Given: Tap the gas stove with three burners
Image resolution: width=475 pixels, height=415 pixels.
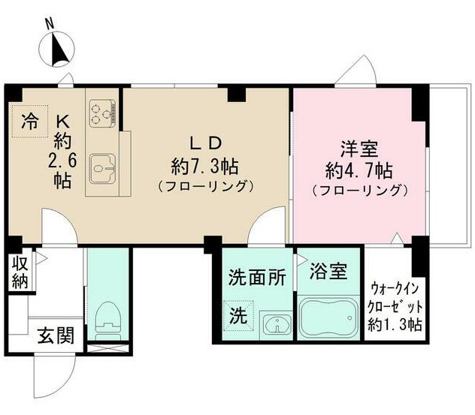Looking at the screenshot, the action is pyautogui.click(x=103, y=113).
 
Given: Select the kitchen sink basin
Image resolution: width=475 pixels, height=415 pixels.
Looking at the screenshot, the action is pyautogui.click(x=103, y=169).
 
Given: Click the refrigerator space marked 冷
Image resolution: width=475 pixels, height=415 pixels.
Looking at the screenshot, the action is pyautogui.click(x=30, y=122).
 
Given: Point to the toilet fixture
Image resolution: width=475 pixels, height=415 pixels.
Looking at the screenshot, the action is pyautogui.click(x=108, y=320).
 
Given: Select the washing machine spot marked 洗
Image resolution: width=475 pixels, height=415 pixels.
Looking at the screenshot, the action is pyautogui.click(x=238, y=316).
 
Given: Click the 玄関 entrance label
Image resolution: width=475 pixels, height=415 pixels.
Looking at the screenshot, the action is pyautogui.click(x=56, y=335).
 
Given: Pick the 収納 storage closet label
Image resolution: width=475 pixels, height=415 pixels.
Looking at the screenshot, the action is pyautogui.click(x=20, y=273).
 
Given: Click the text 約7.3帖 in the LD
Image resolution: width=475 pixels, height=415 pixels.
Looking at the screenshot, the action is pyautogui.click(x=204, y=167).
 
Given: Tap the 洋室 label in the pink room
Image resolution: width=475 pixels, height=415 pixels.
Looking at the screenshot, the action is pyautogui.click(x=359, y=149).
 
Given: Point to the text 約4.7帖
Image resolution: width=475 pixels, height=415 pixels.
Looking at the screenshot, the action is pyautogui.click(x=359, y=171).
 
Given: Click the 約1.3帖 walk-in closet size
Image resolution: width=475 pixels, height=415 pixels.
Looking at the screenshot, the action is pyautogui.click(x=395, y=325).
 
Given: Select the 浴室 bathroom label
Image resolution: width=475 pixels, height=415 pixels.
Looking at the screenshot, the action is pyautogui.click(x=328, y=271).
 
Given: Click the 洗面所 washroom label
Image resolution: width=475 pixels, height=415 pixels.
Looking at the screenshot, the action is pyautogui.click(x=257, y=277).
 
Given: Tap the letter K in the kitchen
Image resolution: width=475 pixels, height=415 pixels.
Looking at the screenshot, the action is pyautogui.click(x=63, y=122).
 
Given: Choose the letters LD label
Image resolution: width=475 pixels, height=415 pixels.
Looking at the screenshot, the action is pyautogui.click(x=206, y=144).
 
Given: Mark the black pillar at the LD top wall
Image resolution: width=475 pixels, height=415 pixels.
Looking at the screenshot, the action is pyautogui.click(x=236, y=94).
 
